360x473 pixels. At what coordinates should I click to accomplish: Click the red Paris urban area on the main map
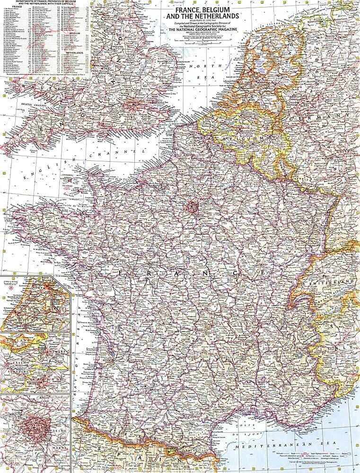click(193, 206)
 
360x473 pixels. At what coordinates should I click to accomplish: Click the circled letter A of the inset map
click(5, 329)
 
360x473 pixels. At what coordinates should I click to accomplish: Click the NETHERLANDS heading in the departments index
click(73, 53)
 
